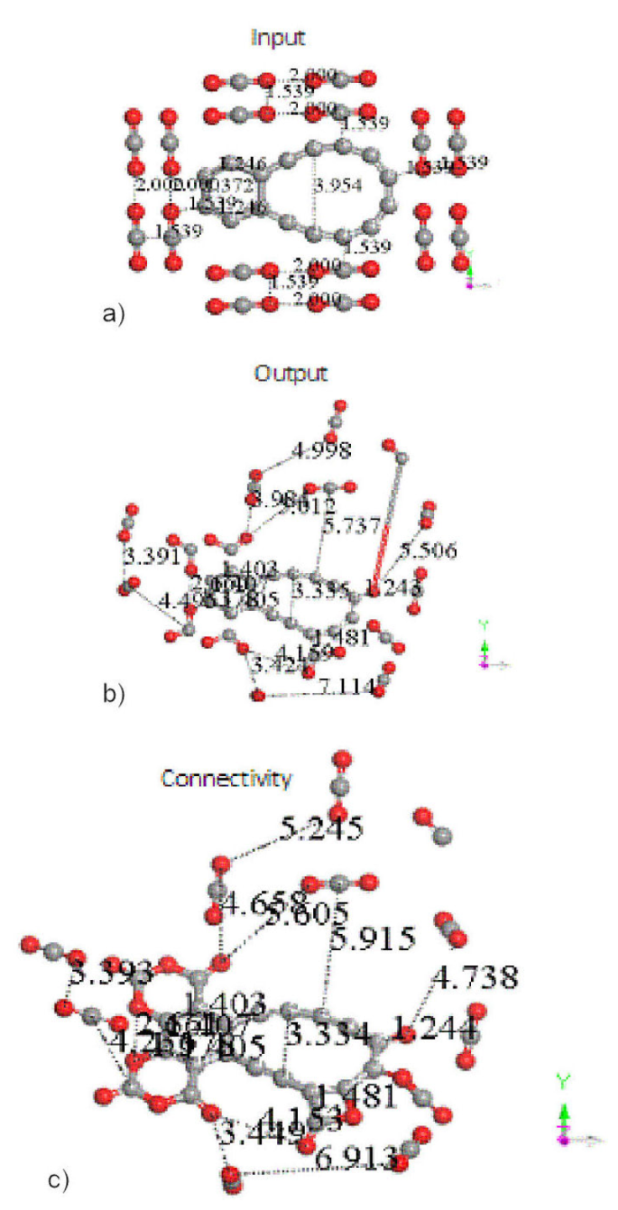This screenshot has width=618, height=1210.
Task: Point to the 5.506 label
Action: point(428,550)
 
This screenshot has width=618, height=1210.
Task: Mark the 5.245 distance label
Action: point(322,828)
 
